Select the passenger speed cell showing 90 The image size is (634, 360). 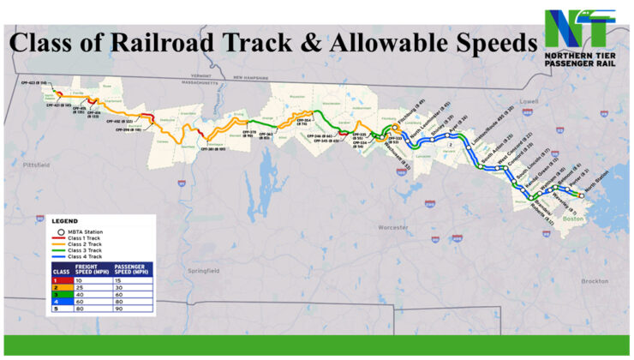pyautogui.click(x=123, y=310)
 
